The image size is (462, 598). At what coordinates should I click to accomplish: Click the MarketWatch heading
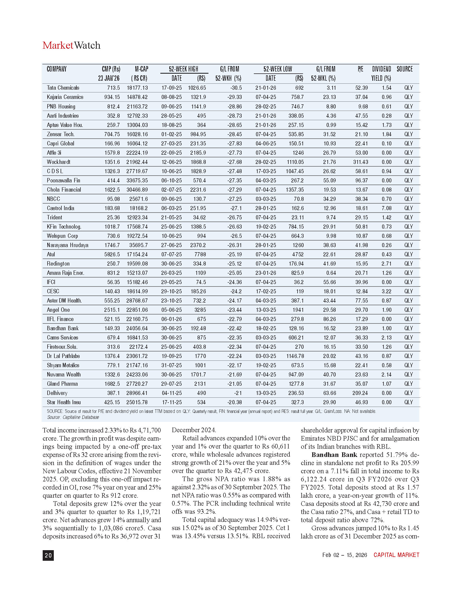tap(71, 45)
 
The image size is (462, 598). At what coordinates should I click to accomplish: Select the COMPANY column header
tap(57, 69)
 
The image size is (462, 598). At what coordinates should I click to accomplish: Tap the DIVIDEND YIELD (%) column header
tap(381, 74)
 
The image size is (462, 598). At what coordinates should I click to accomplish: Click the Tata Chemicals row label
tap(63, 88)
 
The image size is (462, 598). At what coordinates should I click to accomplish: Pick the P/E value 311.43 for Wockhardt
tap(360, 162)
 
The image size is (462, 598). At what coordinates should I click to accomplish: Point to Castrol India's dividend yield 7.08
tap(386, 208)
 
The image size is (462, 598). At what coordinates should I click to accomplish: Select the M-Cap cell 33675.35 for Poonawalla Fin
tap(137, 181)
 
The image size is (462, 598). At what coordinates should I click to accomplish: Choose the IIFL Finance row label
tap(60, 319)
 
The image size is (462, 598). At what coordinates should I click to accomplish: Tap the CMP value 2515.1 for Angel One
tap(112, 310)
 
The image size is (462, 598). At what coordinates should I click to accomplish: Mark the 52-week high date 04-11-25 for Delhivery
tap(171, 393)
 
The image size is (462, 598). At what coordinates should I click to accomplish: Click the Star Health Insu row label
tap(64, 403)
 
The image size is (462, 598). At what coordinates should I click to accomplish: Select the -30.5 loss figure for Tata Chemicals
tap(235, 88)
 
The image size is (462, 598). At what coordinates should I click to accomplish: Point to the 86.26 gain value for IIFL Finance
tap(329, 319)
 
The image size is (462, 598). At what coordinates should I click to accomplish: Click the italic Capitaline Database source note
tap(73, 417)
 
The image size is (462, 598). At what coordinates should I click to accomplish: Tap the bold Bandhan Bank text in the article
tap(334, 455)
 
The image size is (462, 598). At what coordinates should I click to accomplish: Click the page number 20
tap(48, 555)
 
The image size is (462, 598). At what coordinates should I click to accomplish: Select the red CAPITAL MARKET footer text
tap(396, 555)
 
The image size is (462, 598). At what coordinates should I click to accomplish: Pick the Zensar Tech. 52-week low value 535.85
tap(296, 135)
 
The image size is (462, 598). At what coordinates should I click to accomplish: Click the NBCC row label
tap(53, 199)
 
